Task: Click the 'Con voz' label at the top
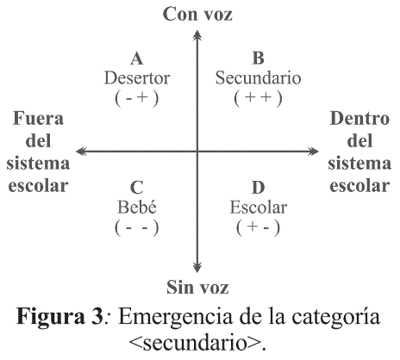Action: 197,15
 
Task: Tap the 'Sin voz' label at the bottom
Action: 197,287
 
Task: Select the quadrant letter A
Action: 137,59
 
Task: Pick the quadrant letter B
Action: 258,58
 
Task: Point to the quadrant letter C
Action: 137,188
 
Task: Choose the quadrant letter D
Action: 258,188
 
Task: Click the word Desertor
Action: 137,78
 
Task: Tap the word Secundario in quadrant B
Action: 258,78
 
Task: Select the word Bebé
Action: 137,207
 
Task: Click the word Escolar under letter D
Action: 258,208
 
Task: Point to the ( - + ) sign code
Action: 137,98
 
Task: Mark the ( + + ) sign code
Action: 258,98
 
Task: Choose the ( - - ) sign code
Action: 137,227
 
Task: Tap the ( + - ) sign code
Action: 258,227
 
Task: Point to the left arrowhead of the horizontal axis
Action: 81,152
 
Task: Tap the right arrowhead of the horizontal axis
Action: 313,152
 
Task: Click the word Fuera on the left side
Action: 38,118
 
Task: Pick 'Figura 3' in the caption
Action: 59,317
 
